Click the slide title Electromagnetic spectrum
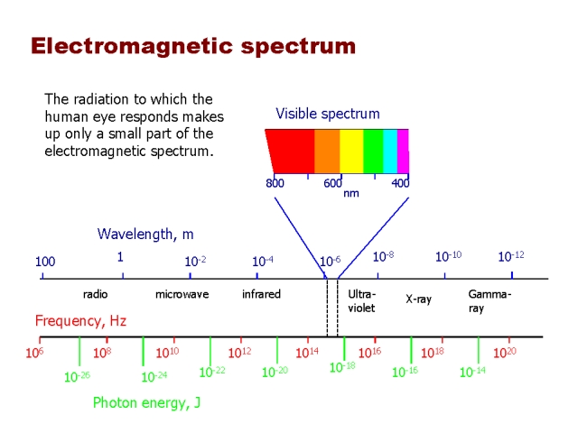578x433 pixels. point(193,46)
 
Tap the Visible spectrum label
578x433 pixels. point(328,114)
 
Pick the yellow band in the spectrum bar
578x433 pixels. point(350,151)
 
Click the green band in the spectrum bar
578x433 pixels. point(373,151)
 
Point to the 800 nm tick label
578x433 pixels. point(275,183)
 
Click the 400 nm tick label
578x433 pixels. point(400,183)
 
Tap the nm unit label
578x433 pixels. point(351,193)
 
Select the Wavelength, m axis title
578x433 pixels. point(145,235)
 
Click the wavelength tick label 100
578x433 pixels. point(45,262)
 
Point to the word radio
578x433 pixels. point(95,294)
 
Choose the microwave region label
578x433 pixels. point(182,294)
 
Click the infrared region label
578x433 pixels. point(261,294)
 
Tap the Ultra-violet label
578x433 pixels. point(362,300)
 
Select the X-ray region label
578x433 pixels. point(418,299)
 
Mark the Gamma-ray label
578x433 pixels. point(489,300)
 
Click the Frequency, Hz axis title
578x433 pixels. point(80,320)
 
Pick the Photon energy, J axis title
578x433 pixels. point(146,403)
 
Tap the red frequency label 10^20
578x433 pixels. point(504,353)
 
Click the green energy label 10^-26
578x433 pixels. point(77,377)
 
